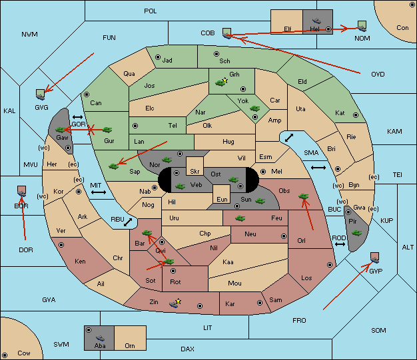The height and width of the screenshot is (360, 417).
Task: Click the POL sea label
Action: (151, 11)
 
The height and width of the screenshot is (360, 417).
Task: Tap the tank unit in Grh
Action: (220, 83)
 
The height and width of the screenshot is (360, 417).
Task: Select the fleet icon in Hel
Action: (316, 21)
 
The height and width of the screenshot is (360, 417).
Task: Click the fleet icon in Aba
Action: (100, 338)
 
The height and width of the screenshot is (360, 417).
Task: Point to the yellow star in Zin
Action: (179, 301)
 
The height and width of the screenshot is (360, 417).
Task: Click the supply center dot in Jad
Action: (158, 57)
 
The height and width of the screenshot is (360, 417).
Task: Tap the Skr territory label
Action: (195, 172)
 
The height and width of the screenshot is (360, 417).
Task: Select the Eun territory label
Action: (222, 199)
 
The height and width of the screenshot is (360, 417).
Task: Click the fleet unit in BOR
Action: (21, 191)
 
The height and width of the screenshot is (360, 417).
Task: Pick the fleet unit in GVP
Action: (375, 258)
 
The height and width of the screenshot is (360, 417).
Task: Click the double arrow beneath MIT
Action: (99, 192)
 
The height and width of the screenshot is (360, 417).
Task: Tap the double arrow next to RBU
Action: (128, 222)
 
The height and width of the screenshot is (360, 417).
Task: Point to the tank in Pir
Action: (356, 233)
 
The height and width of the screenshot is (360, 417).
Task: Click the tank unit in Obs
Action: (304, 196)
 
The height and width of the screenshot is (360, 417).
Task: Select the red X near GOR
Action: (91, 130)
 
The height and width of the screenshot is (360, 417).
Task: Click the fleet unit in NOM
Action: (362, 27)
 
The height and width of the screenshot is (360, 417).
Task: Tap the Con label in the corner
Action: (402, 28)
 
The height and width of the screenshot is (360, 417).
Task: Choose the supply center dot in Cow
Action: (5, 355)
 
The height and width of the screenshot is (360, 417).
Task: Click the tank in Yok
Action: (254, 108)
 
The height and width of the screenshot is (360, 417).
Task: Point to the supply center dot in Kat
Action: (356, 115)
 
